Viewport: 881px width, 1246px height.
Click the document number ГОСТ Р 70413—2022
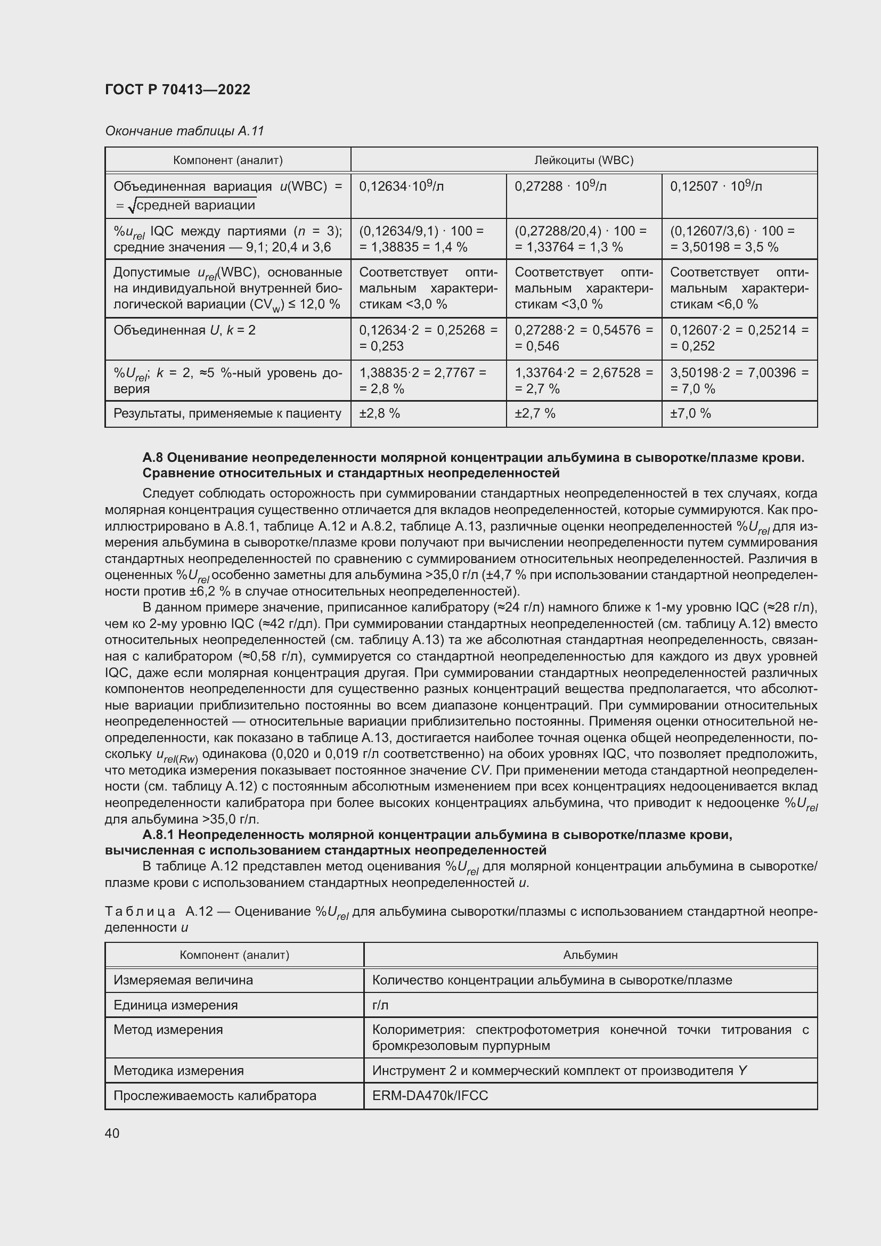(x=177, y=89)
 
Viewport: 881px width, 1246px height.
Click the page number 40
(x=112, y=1133)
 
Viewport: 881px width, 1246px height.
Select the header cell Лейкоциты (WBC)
(x=584, y=160)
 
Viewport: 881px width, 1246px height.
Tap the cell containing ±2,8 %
(x=380, y=413)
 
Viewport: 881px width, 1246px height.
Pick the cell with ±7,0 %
(x=690, y=413)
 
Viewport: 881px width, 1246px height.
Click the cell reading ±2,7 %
(x=535, y=413)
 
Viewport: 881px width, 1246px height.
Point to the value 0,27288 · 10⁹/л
(x=560, y=186)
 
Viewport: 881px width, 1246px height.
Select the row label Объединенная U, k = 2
(x=184, y=330)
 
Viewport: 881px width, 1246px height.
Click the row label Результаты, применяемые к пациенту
(x=227, y=413)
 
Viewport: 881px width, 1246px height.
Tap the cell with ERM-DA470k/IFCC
(x=430, y=1096)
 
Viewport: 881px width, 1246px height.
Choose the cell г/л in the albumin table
(x=380, y=1005)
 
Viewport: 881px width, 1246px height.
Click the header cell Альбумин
(x=590, y=955)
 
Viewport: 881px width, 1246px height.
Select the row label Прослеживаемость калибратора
(x=215, y=1096)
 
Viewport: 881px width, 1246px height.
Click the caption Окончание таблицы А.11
(x=184, y=131)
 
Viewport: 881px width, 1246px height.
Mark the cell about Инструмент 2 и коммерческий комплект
(x=559, y=1071)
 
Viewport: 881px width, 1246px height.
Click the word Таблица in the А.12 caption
(x=140, y=911)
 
